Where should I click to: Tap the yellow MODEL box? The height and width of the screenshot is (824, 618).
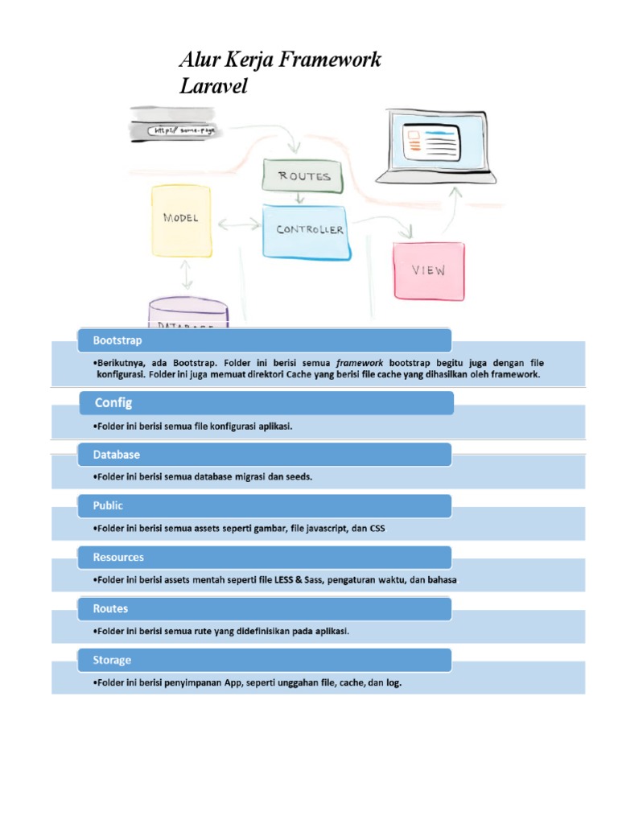coord(181,219)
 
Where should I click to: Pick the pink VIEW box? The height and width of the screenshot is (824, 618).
coord(429,270)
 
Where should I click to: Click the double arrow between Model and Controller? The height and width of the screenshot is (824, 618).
coord(238,226)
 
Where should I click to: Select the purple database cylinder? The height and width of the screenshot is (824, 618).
coord(188,315)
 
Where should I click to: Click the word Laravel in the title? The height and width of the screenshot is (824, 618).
coord(212,86)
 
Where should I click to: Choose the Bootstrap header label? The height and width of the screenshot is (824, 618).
coord(117,341)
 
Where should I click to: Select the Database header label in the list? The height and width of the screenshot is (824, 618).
coord(117,455)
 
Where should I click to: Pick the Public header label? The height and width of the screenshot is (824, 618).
coord(108,506)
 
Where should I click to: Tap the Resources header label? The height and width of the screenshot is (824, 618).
coord(118,557)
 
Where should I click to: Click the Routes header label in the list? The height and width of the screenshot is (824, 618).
coord(110,608)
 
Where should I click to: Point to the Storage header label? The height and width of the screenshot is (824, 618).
coord(112,660)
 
